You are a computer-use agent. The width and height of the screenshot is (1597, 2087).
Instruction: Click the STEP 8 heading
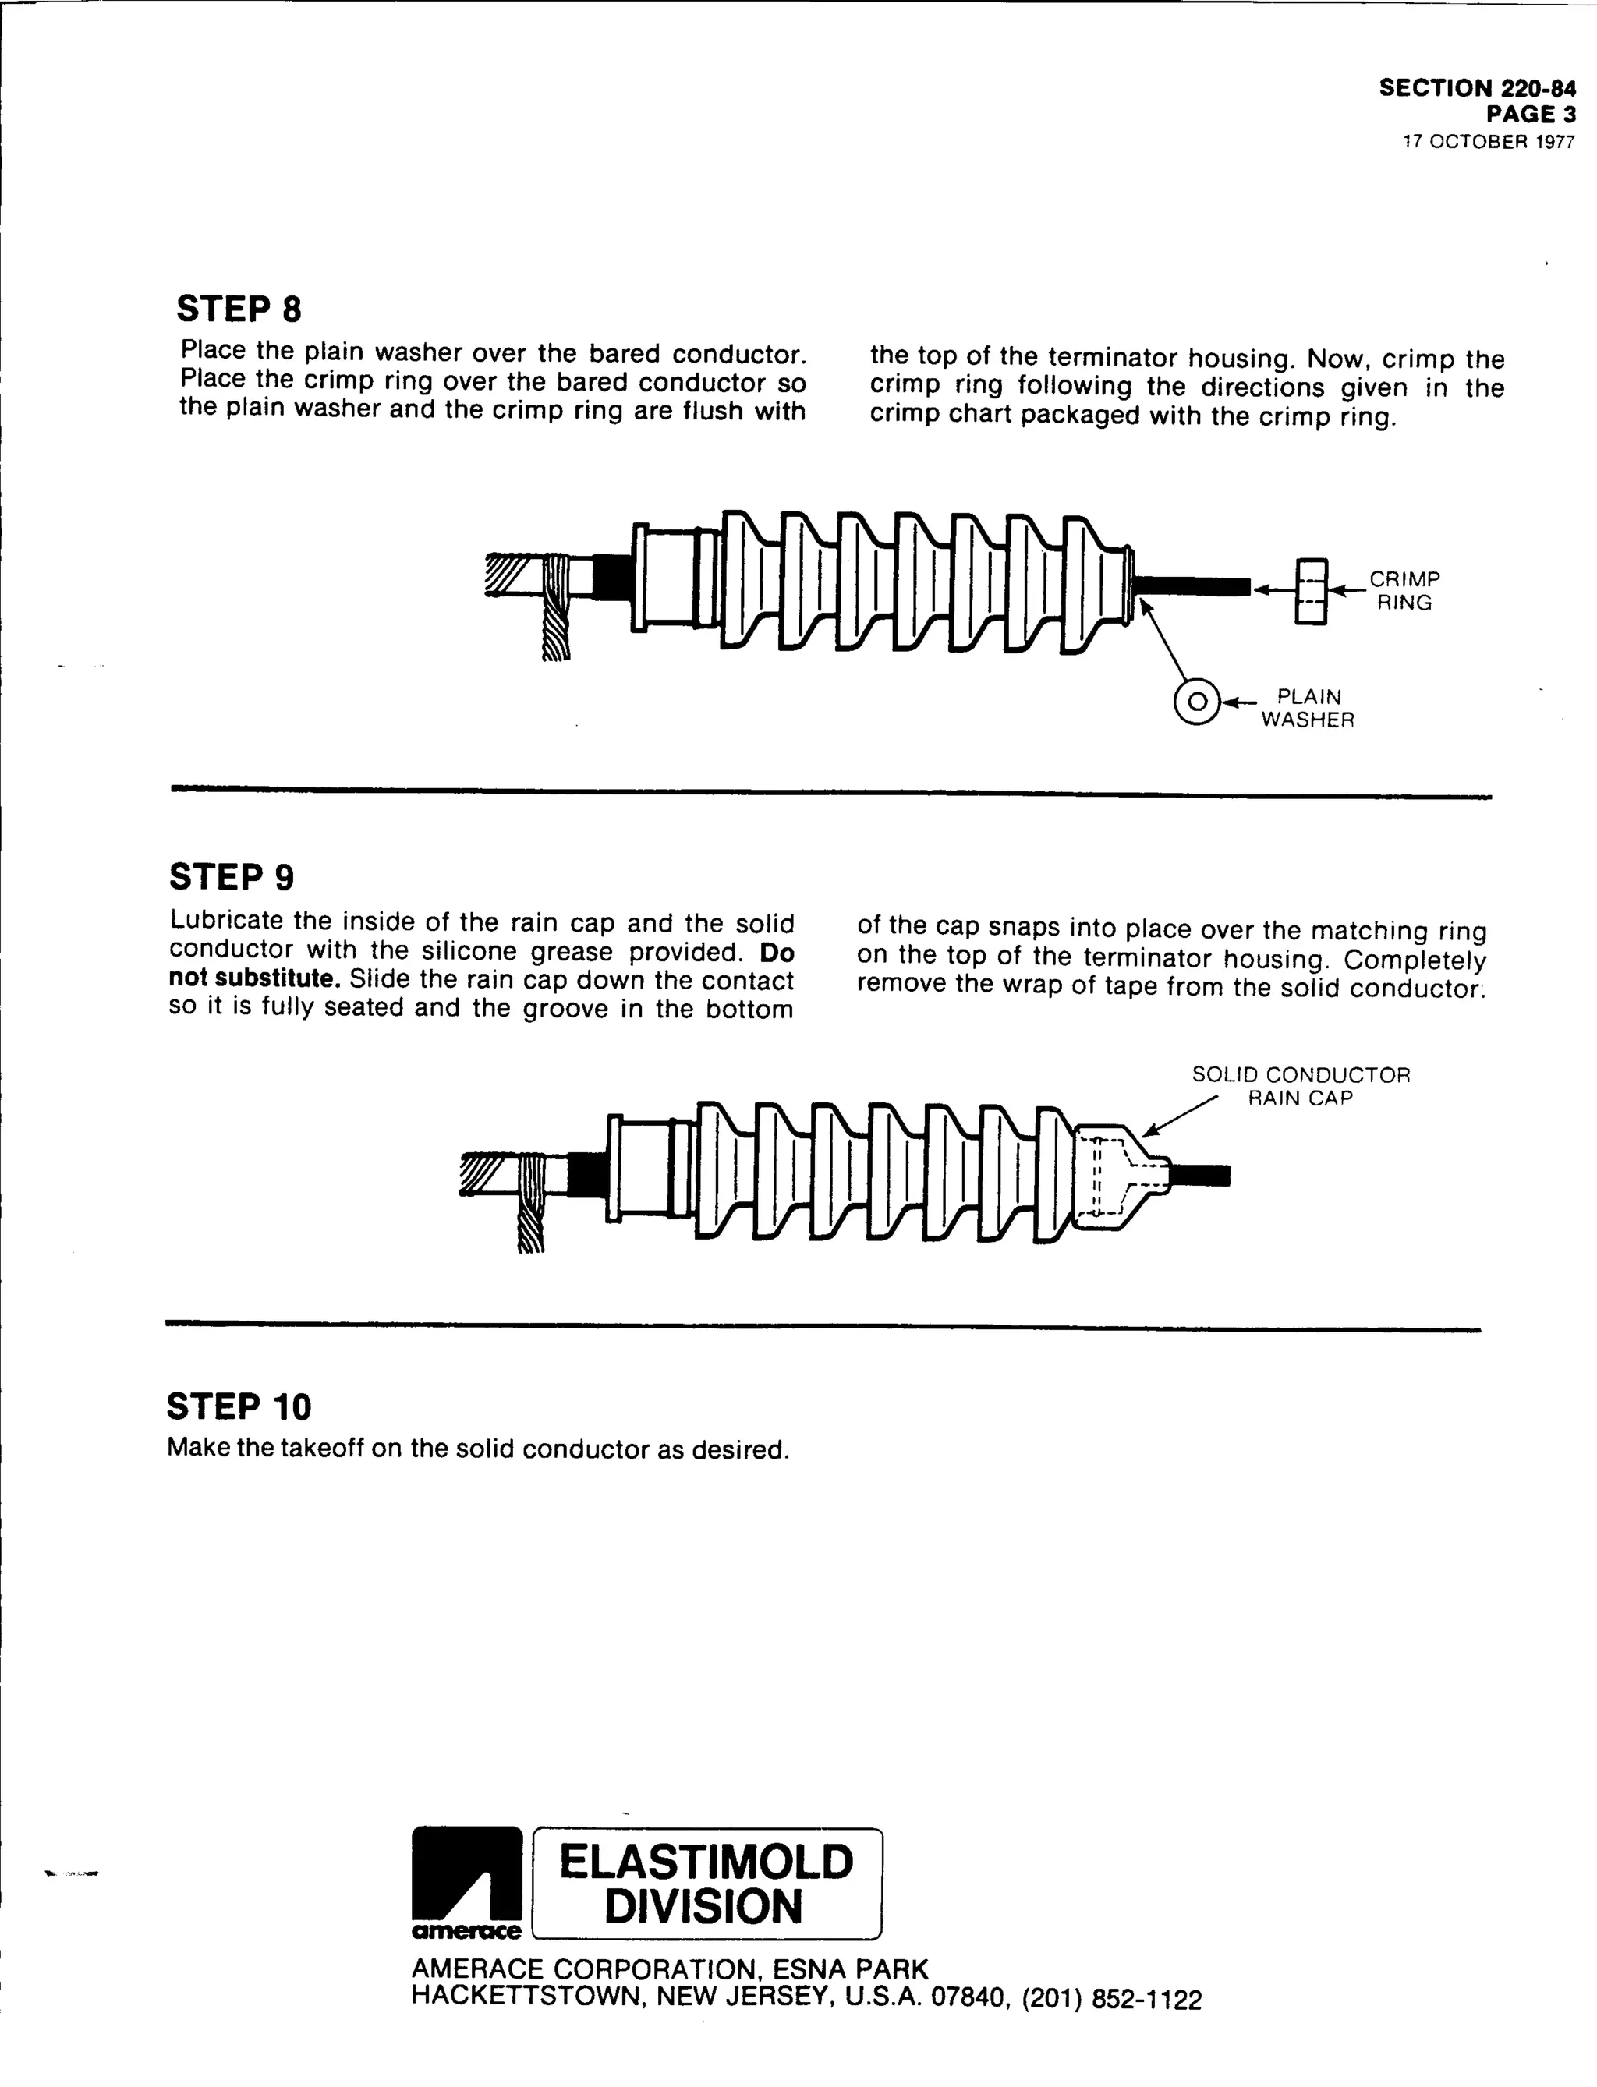pos(239,310)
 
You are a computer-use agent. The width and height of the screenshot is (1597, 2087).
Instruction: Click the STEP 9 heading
pos(231,877)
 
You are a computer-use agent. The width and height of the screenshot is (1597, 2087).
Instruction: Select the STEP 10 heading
pos(239,1406)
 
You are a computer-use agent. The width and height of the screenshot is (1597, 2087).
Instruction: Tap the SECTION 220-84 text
pos(1476,87)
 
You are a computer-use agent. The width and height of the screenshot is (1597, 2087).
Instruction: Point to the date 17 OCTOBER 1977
pos(1489,142)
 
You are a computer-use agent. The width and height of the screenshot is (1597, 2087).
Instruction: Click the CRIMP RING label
pos(1404,590)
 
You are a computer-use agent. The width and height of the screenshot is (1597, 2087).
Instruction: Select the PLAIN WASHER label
pos(1307,708)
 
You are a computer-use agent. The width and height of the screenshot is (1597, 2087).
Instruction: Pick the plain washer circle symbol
pos(1198,702)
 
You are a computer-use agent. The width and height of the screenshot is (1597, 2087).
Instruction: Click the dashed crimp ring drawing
pos(1311,590)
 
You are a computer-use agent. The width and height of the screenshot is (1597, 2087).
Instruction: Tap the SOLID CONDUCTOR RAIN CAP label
pos(1301,1086)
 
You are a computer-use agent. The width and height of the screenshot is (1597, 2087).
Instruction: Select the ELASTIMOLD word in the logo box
pos(706,1862)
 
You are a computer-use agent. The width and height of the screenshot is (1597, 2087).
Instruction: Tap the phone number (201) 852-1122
pos(1111,1999)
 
